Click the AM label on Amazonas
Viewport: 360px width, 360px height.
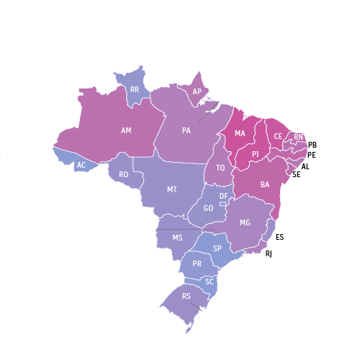(x=126, y=131)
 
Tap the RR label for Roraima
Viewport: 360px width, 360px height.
(x=135, y=90)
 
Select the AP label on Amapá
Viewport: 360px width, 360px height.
(x=197, y=92)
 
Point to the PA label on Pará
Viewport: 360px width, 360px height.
(x=186, y=131)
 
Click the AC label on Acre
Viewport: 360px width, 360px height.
(x=81, y=166)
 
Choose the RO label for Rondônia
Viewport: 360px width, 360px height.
(x=124, y=175)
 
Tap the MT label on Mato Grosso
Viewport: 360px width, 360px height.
(x=172, y=190)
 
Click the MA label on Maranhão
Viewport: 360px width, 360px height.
(x=240, y=134)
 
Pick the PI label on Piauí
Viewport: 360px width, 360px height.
(x=255, y=154)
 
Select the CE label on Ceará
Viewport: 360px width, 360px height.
(x=278, y=136)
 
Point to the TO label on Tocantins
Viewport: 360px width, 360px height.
(x=221, y=168)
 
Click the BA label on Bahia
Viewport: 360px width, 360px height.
(x=265, y=185)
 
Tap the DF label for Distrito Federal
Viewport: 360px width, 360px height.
(x=224, y=197)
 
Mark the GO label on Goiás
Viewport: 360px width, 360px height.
(x=208, y=209)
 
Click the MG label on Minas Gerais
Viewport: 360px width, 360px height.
(x=245, y=223)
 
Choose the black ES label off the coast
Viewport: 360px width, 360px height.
(x=279, y=237)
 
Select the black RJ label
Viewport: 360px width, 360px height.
(x=269, y=254)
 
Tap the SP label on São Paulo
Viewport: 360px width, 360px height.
(x=217, y=248)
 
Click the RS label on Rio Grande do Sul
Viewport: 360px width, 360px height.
(x=186, y=297)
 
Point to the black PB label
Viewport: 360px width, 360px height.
(x=312, y=145)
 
